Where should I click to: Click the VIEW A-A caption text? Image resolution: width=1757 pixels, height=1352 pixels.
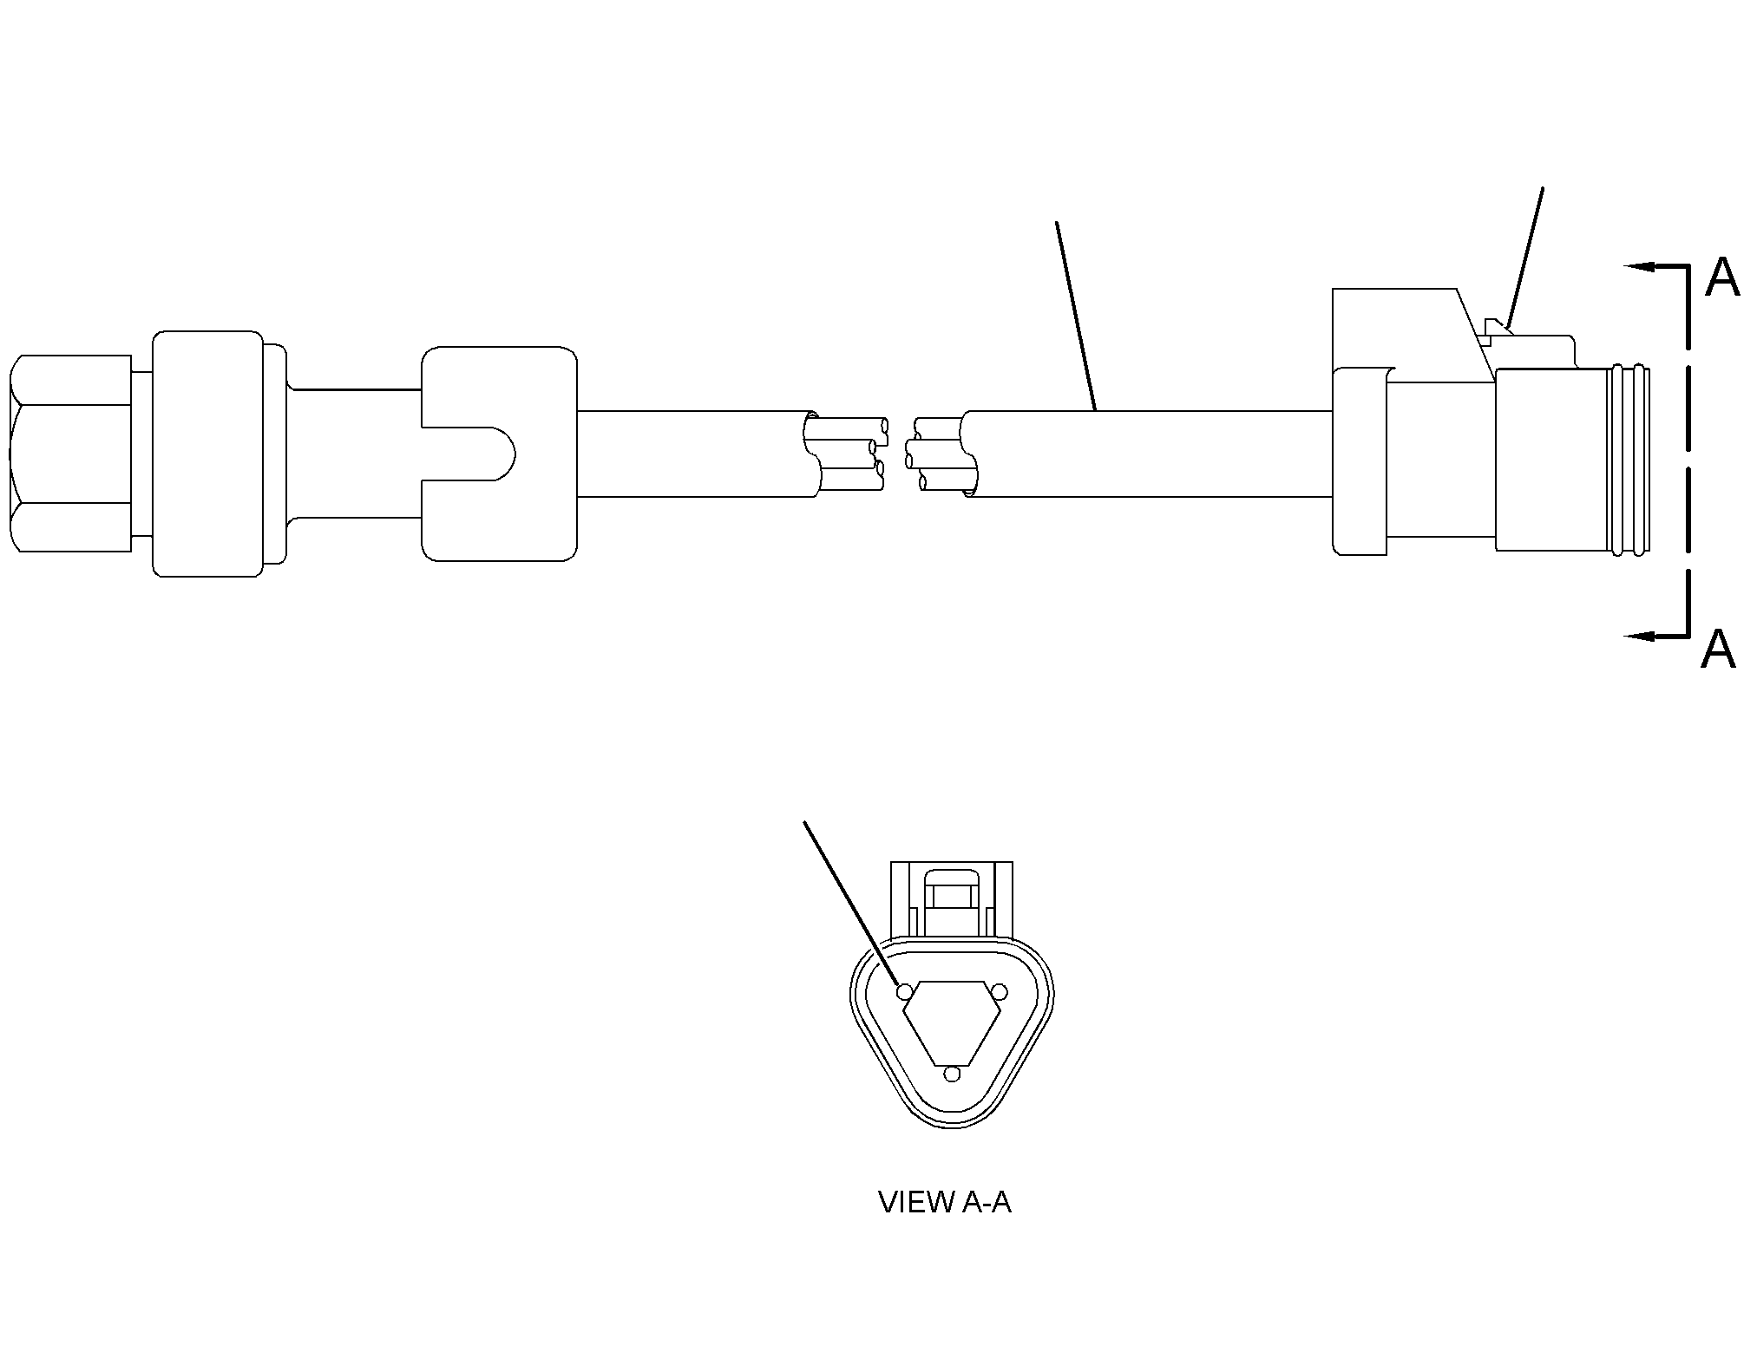[945, 1202]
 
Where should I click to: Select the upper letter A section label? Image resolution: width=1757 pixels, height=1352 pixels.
[1722, 278]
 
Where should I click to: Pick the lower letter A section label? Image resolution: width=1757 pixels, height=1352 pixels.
[1718, 650]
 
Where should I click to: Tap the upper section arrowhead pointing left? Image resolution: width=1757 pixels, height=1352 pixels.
[1639, 267]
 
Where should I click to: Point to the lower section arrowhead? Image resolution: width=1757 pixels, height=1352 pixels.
[1639, 637]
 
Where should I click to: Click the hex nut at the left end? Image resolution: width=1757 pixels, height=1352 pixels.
[69, 454]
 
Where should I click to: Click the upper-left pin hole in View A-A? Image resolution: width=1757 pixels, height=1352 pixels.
[905, 991]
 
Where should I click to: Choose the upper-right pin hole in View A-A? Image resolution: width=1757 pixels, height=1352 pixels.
[998, 991]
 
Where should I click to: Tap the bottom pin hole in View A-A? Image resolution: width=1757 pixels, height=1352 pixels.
[953, 1074]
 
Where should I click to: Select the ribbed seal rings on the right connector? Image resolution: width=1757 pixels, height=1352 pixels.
[1629, 460]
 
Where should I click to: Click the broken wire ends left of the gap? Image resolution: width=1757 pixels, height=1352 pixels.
[845, 455]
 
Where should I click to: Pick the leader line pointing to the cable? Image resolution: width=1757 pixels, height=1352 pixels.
[1076, 316]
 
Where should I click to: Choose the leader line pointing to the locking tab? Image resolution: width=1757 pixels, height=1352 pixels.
[1525, 258]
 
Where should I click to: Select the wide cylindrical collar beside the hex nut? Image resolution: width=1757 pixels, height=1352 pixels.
[207, 454]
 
